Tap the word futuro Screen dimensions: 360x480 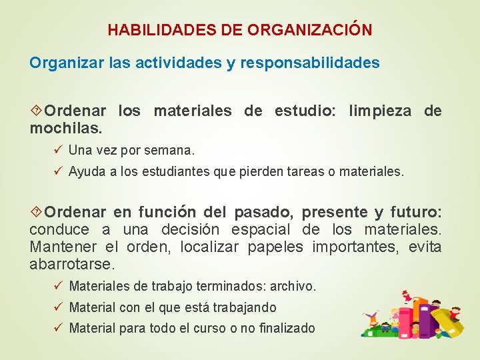pos(415,213)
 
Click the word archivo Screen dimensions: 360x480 pos(292,287)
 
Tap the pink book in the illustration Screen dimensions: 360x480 pos(404,320)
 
